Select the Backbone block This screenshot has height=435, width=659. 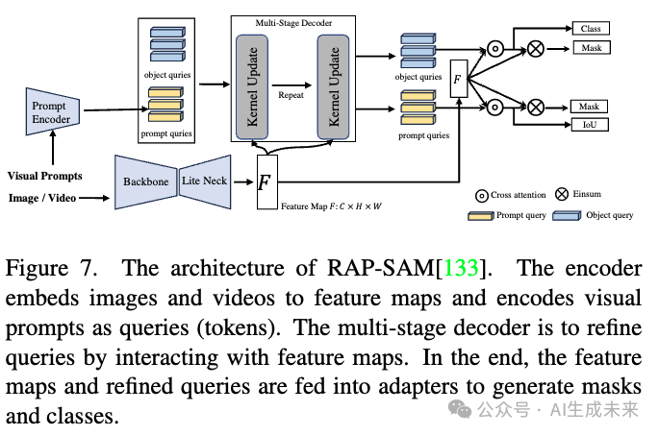coord(144,181)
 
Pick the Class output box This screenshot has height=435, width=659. coord(590,29)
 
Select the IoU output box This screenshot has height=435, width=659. coord(590,125)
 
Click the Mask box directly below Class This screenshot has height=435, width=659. coord(590,47)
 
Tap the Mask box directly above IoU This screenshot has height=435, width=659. coord(590,107)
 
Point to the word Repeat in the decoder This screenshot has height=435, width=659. coord(291,98)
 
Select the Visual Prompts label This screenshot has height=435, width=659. coord(45,176)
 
